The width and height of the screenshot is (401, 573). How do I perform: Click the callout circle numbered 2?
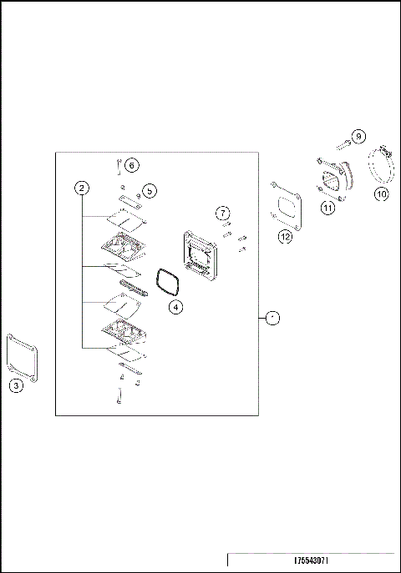point(81,188)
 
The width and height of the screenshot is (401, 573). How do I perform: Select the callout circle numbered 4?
point(175,307)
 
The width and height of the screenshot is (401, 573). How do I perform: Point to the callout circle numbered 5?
point(150,191)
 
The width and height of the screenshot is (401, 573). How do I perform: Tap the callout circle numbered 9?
point(358,136)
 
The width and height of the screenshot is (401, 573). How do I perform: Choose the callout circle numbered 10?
point(381,194)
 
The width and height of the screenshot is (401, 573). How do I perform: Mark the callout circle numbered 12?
point(286,237)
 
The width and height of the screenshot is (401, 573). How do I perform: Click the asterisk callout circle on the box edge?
point(272,318)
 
